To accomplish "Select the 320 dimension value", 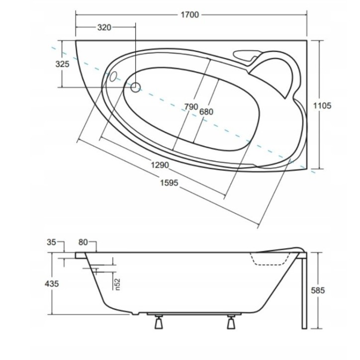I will (104, 28).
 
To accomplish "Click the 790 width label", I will (191, 107).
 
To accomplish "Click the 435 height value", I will (52, 284).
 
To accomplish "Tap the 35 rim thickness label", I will (51, 243).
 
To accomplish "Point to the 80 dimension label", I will (83, 243).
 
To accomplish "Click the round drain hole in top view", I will (135, 88).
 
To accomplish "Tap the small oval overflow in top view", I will (112, 77).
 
